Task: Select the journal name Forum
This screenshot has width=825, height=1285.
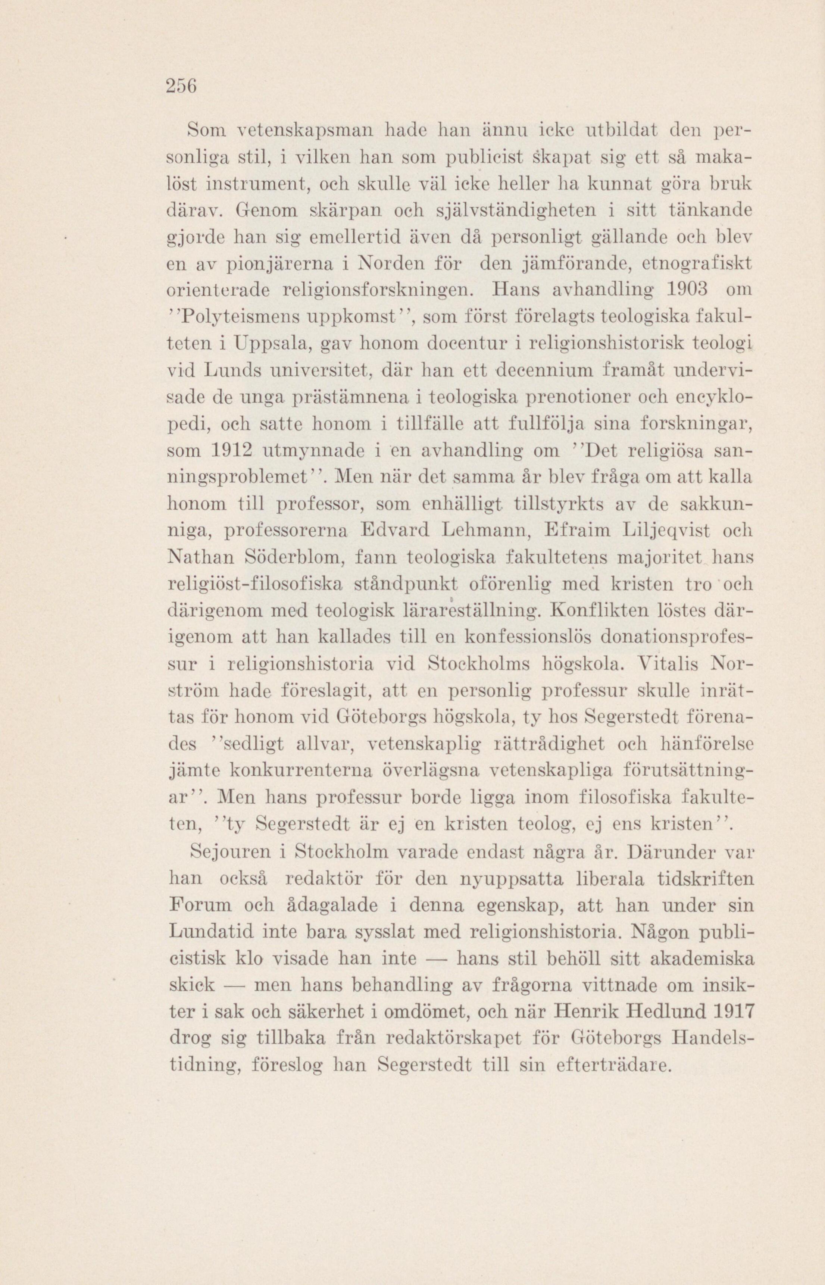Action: click(x=200, y=905)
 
